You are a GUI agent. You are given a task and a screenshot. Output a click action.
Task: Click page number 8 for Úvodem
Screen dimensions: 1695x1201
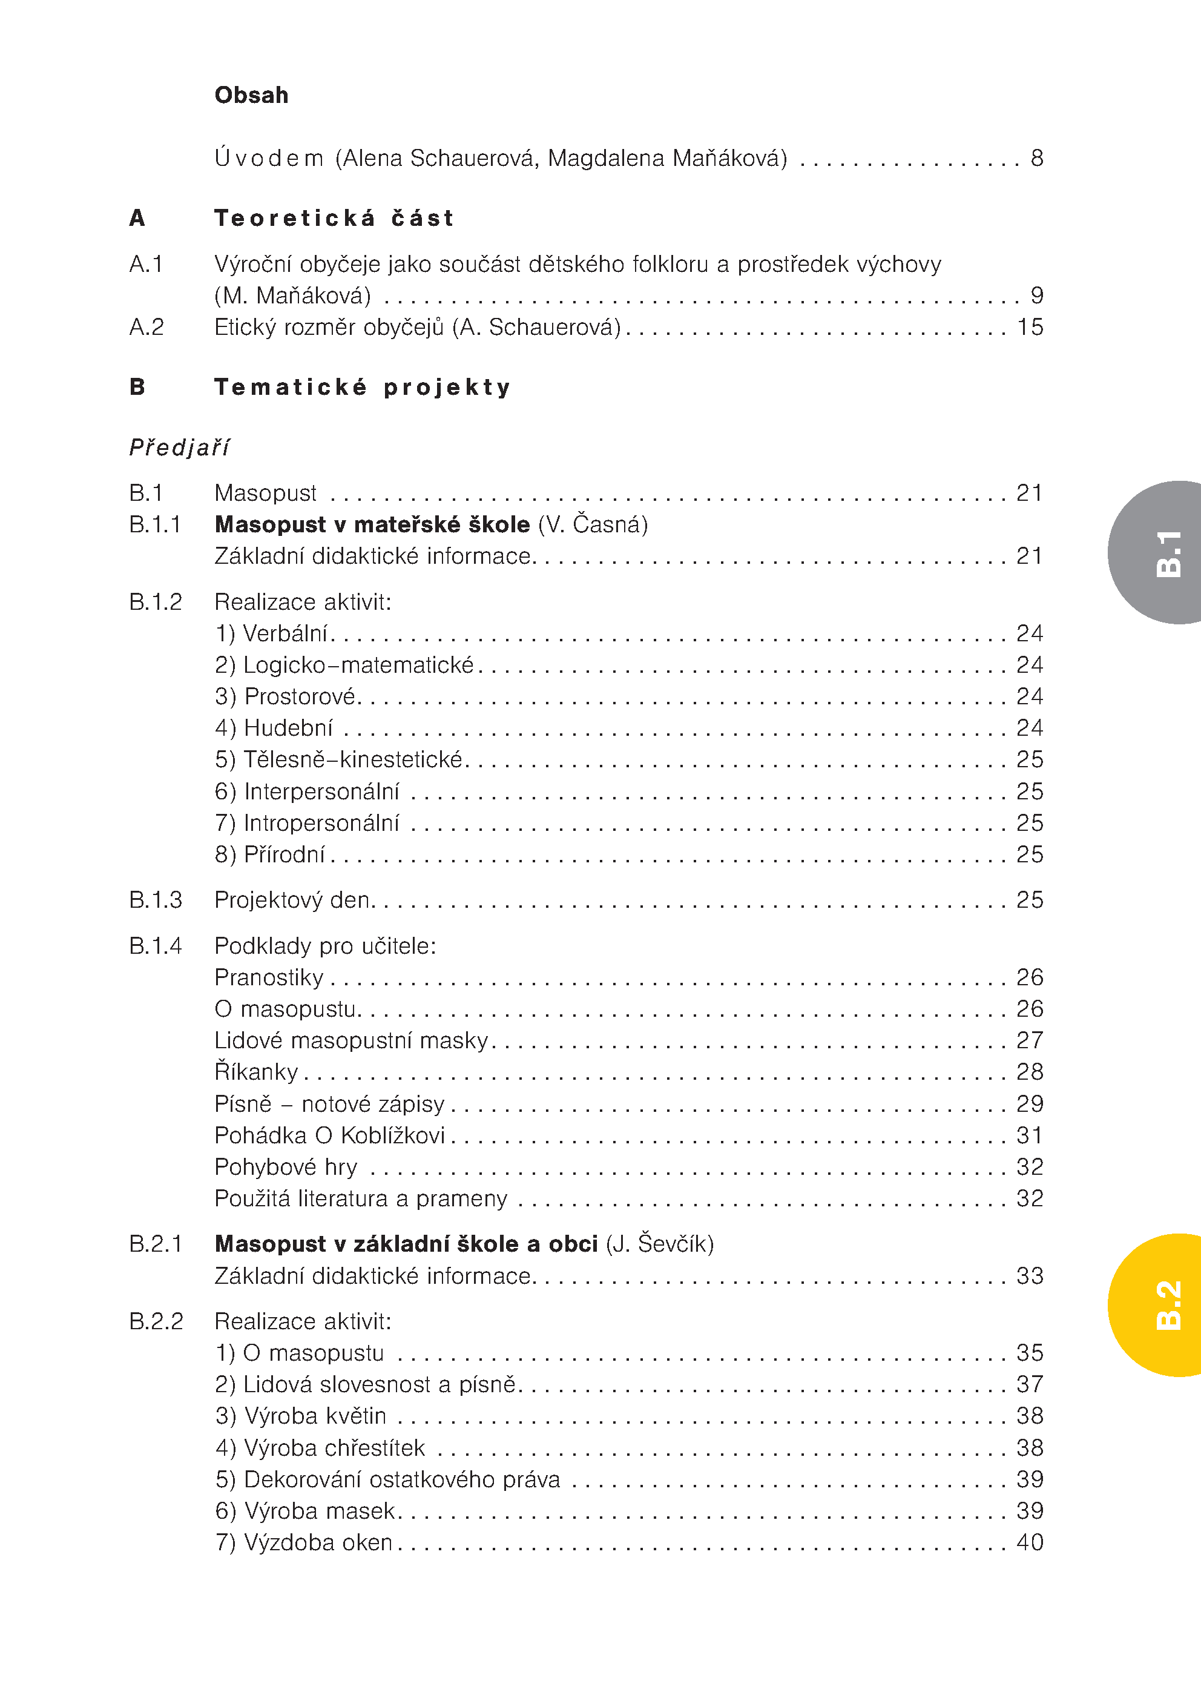click(x=1037, y=158)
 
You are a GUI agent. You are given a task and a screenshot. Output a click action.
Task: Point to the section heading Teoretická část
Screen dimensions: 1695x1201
click(x=334, y=218)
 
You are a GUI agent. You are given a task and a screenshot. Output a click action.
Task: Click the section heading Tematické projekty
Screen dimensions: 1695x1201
click(x=363, y=387)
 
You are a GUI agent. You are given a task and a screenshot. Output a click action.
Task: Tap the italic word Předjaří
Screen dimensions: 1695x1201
click(x=179, y=448)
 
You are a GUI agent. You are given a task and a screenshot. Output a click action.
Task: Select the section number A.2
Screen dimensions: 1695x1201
click(x=146, y=327)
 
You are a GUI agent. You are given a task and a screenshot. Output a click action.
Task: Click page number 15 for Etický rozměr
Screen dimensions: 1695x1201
click(x=1030, y=327)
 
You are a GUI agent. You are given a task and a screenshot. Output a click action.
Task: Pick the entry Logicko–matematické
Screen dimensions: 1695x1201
click(x=344, y=665)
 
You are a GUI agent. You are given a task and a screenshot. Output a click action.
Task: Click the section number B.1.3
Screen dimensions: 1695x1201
click(x=156, y=900)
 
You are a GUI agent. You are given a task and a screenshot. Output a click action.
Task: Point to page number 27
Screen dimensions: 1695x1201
click(x=1030, y=1040)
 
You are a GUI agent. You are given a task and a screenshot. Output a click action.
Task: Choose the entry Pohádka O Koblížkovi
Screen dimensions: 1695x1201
click(x=330, y=1135)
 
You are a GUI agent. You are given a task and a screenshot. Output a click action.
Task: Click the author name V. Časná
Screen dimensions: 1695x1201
click(x=593, y=524)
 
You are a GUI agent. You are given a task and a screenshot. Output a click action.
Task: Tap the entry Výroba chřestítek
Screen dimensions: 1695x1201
click(x=320, y=1447)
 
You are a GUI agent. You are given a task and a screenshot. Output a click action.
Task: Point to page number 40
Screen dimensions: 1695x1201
click(x=1030, y=1542)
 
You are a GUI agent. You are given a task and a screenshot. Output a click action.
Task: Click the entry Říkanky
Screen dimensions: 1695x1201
click(x=256, y=1071)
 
